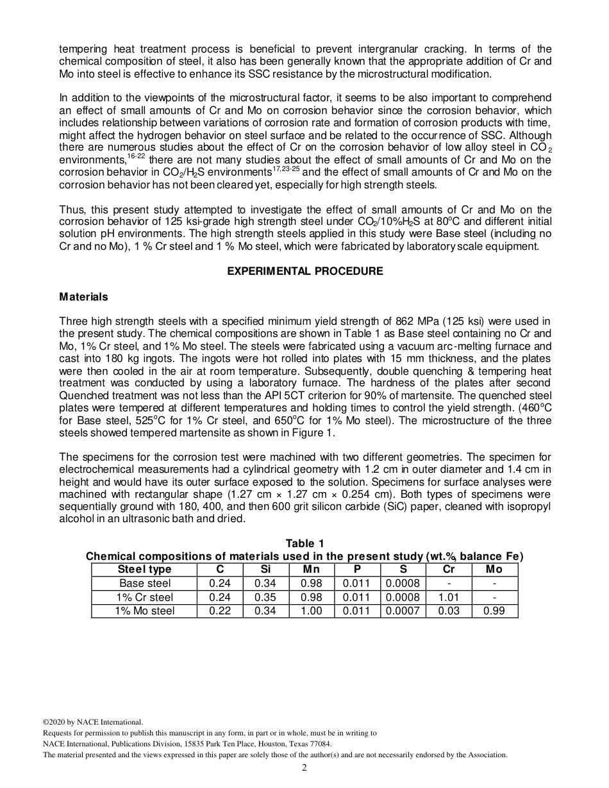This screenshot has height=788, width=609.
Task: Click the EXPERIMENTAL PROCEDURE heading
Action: click(x=305, y=271)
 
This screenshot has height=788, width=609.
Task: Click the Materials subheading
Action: click(x=83, y=297)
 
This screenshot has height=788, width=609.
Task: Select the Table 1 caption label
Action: click(x=304, y=544)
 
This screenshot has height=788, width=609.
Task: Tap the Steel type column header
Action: click(x=145, y=569)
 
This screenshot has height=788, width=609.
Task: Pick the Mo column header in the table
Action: click(x=494, y=569)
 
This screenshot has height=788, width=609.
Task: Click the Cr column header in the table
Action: click(x=449, y=569)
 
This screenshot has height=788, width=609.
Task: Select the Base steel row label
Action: click(x=145, y=583)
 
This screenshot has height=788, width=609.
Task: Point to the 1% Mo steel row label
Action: click(x=145, y=611)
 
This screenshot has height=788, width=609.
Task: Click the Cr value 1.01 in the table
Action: click(x=449, y=597)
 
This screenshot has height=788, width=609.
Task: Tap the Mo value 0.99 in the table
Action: click(x=494, y=611)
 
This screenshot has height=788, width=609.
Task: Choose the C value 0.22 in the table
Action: click(x=220, y=611)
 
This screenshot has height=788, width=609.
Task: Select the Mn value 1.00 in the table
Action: click(x=312, y=611)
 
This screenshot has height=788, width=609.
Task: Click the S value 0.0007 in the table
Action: click(x=403, y=611)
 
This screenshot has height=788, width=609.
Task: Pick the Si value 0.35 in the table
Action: click(x=265, y=597)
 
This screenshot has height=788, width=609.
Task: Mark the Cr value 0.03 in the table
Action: click(x=449, y=611)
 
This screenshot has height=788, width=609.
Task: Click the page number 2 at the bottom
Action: click(x=304, y=768)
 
